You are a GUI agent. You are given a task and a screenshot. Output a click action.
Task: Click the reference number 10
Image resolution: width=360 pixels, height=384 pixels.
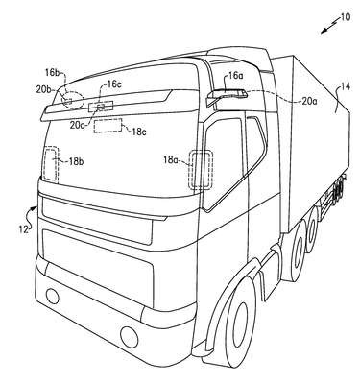tap(346, 16)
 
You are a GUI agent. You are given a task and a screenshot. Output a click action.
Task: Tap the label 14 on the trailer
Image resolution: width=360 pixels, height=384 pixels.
tap(345, 86)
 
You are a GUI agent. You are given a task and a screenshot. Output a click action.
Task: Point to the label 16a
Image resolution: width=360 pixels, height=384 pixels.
tap(235, 76)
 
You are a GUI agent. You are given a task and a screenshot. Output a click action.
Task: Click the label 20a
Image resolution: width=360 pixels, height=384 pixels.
tap(310, 101)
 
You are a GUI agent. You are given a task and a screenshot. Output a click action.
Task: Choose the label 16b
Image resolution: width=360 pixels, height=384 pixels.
tap(52, 72)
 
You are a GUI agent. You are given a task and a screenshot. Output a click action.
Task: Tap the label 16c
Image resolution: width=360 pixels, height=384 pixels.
tap(114, 84)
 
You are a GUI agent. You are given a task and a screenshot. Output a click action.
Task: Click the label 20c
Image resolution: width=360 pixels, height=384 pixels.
tap(78, 124)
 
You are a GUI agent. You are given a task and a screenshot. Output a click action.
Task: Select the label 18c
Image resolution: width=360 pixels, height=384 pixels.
tap(138, 132)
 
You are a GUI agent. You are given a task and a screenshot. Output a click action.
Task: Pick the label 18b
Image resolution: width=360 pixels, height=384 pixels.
tap(76, 161)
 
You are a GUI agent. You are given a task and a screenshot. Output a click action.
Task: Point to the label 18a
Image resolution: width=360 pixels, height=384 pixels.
tap(171, 159)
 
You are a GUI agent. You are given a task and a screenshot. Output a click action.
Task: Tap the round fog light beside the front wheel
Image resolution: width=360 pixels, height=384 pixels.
tap(130, 336)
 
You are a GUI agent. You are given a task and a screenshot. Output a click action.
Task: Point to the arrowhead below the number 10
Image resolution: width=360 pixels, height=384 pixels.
tap(324, 32)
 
